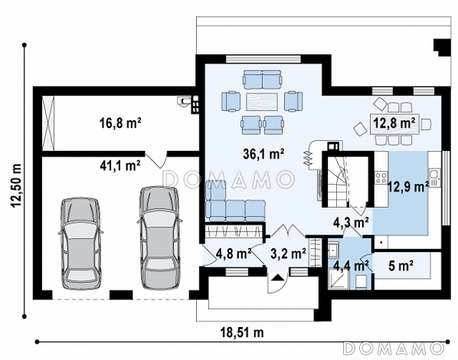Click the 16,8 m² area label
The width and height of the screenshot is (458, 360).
click(x=120, y=123)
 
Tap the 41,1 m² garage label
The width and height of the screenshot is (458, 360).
click(x=120, y=165)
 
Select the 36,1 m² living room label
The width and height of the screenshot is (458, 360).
click(x=263, y=154)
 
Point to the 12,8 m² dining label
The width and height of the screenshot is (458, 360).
click(x=394, y=123)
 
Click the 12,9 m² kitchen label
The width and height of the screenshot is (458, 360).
click(x=408, y=186)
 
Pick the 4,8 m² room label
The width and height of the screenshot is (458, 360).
click(x=234, y=254)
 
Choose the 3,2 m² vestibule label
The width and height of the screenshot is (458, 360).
click(x=288, y=254)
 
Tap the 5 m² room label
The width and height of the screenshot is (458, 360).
click(x=401, y=266)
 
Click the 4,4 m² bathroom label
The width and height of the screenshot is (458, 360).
click(x=351, y=266)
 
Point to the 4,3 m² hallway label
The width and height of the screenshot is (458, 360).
click(x=351, y=223)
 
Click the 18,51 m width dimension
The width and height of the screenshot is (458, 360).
click(x=242, y=332)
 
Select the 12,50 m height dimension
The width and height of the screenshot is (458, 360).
click(x=16, y=185)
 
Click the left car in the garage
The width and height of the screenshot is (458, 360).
click(x=80, y=244)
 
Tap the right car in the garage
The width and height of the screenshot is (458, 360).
click(x=159, y=238)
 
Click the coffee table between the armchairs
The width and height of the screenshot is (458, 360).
click(x=262, y=101)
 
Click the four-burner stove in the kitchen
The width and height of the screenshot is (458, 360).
click(x=381, y=178)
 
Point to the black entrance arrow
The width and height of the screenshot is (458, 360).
click(x=277, y=277)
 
